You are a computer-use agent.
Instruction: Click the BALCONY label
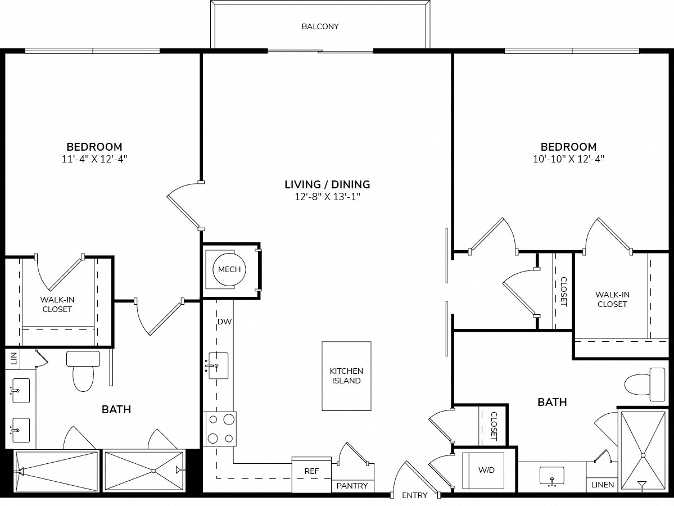coord(320,26)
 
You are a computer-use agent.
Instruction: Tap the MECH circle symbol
coord(229,270)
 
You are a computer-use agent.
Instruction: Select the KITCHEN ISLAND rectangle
coord(346,376)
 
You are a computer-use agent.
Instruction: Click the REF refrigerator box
coord(311,471)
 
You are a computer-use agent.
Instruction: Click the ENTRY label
coord(415,495)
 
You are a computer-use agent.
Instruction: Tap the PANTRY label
coord(352,486)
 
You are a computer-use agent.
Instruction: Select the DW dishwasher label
coord(225,322)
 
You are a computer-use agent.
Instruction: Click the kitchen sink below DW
coord(218,367)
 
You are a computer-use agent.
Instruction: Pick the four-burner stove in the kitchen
coord(221,429)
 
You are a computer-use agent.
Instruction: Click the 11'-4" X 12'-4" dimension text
coord(95,159)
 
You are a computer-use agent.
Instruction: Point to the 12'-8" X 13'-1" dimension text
coord(327,196)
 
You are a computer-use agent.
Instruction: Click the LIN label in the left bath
coord(14,358)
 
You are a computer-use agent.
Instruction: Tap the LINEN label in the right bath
coord(603,485)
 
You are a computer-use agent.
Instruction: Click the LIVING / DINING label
coord(327,184)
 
